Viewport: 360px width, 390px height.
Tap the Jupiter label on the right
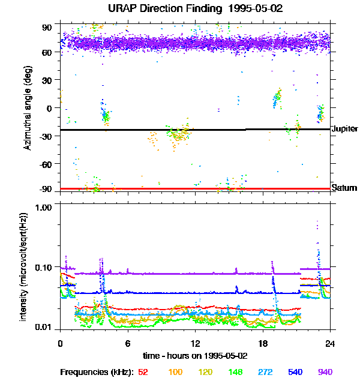(x=344, y=129)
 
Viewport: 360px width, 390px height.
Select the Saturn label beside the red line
(x=344, y=188)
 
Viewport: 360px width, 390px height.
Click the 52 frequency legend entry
(x=143, y=372)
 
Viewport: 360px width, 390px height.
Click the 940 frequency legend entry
(x=324, y=372)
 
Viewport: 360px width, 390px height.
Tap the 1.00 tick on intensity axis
(x=44, y=208)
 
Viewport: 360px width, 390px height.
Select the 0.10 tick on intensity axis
(x=44, y=267)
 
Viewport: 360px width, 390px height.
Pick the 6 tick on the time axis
(x=128, y=343)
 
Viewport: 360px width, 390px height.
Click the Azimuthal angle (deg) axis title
(x=27, y=108)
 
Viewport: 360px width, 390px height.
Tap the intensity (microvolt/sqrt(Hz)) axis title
(x=24, y=266)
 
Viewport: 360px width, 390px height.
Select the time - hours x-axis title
(x=195, y=355)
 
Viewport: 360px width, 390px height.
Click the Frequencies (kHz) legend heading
(x=95, y=372)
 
